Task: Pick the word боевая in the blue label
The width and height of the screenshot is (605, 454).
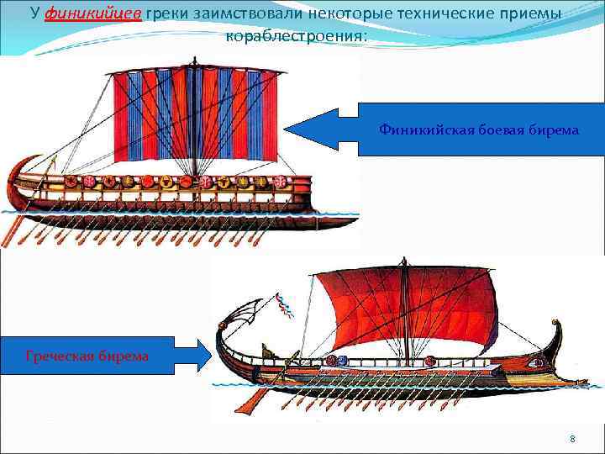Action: pos(498,129)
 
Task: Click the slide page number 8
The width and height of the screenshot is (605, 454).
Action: pos(572,439)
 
